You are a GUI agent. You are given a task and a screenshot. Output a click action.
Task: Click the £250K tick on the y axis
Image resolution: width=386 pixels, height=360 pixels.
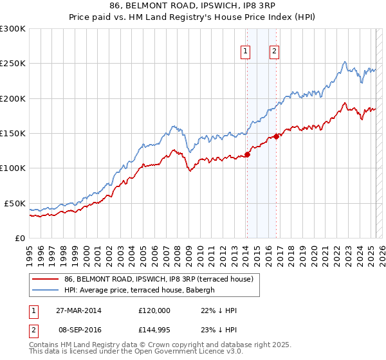12,64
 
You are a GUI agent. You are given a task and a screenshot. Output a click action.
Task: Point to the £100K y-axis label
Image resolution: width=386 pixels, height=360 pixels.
12,168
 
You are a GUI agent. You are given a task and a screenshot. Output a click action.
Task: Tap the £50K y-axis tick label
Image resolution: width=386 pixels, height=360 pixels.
15,203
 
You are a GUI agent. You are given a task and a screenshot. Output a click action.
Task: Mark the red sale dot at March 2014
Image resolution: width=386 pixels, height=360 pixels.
248,154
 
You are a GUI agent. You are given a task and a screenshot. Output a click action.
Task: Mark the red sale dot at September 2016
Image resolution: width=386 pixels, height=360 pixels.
276,136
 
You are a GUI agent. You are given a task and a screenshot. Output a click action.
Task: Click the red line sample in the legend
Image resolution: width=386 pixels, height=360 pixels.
46,279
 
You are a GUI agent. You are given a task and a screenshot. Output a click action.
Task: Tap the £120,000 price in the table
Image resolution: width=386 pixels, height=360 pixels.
154,310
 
